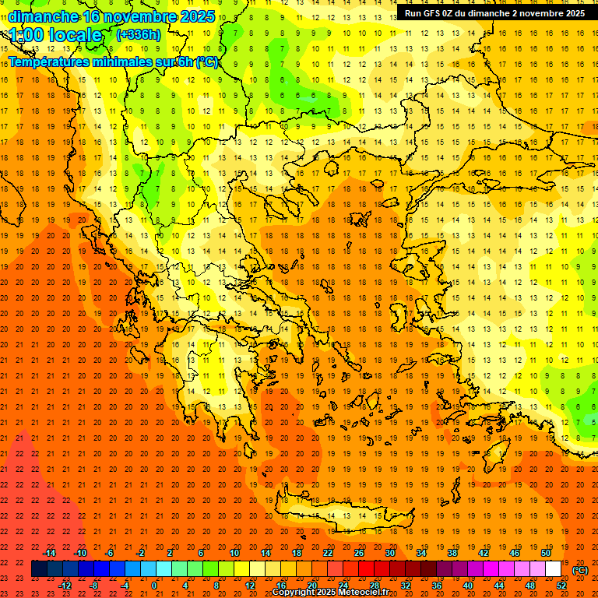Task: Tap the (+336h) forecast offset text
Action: pos(139,34)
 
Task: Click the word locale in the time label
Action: pos(73,35)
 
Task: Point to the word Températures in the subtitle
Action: pos(46,62)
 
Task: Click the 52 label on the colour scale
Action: pos(561,586)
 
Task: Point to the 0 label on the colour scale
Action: pos(154,586)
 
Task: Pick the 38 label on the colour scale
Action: pos(452,553)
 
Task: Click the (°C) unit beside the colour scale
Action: pos(579,569)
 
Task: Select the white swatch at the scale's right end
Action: pos(554,569)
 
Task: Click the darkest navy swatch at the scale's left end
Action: pos(39,569)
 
